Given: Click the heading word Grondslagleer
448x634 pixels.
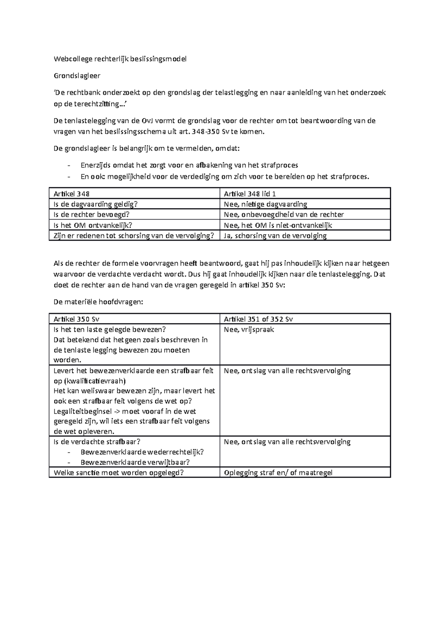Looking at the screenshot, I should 77,76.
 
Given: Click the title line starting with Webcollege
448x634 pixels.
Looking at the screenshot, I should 120,59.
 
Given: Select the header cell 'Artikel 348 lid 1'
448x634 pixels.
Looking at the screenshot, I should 250,194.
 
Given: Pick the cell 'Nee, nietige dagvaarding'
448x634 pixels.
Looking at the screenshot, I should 265,204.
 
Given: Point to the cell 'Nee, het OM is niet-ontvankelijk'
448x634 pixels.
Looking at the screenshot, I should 278,225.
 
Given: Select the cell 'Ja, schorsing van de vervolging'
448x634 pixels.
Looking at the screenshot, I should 275,236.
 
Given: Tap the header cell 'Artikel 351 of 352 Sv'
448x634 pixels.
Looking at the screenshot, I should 258,319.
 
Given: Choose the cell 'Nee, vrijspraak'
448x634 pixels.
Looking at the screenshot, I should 249,330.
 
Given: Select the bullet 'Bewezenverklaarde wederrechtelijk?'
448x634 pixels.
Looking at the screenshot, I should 142,452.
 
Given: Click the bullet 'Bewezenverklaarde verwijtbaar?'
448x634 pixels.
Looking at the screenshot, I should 135,462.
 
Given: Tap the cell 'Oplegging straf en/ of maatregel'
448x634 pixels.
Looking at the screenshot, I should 278,473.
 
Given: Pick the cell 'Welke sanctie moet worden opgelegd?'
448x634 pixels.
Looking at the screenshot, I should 119,473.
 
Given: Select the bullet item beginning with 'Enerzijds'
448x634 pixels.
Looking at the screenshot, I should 189,165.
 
